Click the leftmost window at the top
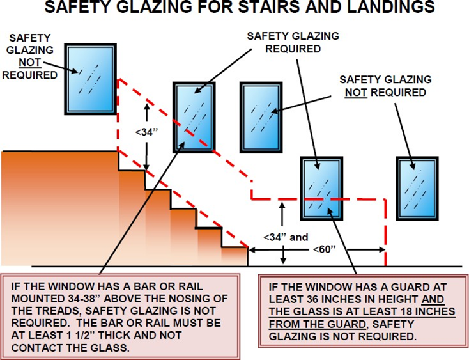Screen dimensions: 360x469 (x=93, y=78)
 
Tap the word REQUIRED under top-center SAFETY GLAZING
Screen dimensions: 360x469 (x=293, y=48)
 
